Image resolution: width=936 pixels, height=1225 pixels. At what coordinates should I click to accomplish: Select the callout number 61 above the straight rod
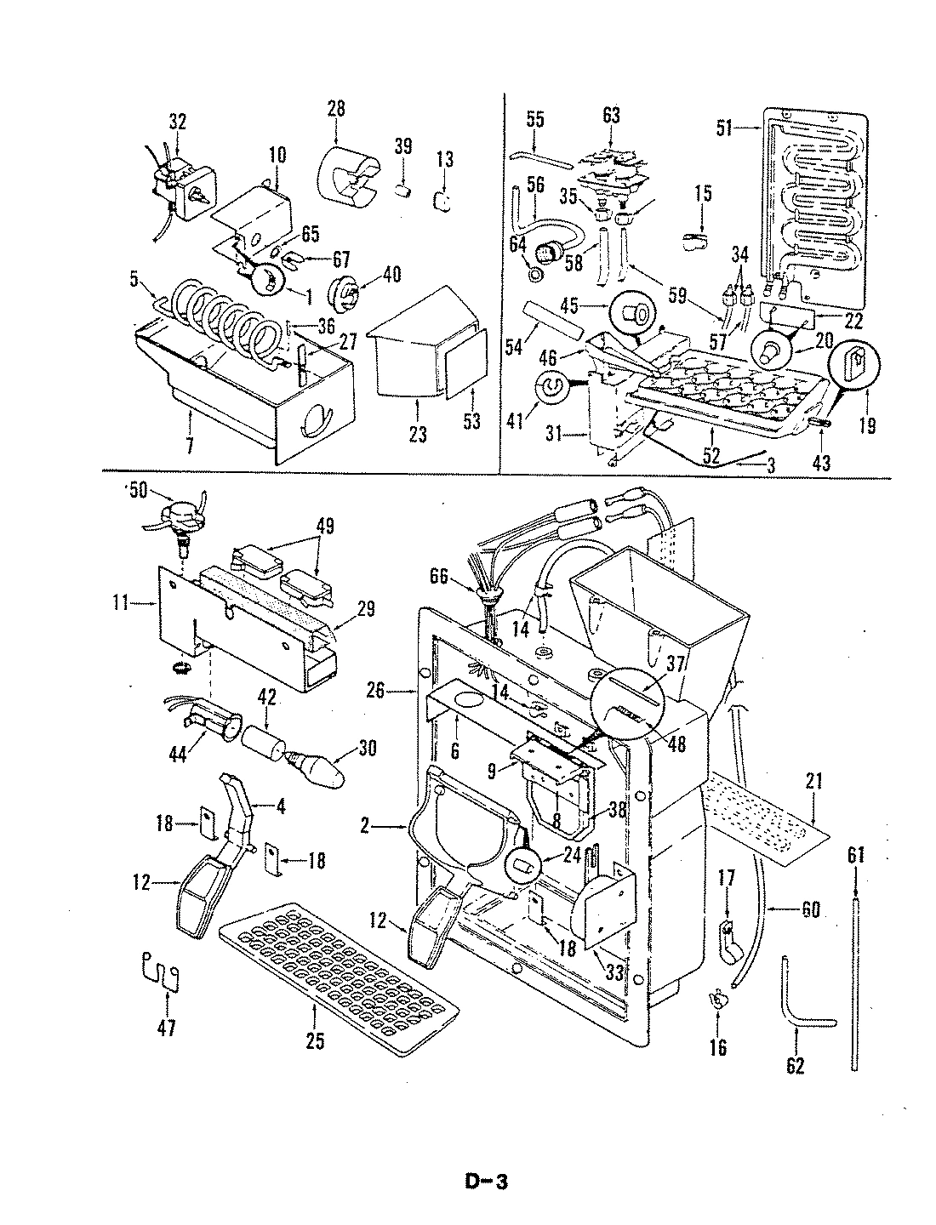point(856,857)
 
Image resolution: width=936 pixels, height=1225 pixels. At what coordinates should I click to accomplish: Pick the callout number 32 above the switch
point(176,121)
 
